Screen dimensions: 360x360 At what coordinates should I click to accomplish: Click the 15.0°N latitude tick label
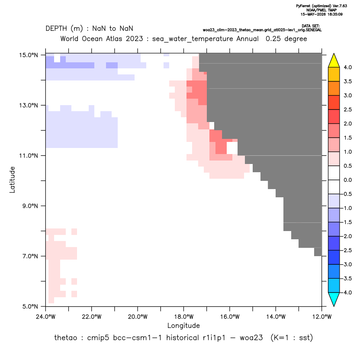[x=29, y=55]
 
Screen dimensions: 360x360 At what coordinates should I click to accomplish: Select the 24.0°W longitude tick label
[x=46, y=317]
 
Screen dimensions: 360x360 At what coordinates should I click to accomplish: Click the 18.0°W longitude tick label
[x=183, y=317]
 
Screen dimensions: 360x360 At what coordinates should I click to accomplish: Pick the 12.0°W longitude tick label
[x=322, y=317]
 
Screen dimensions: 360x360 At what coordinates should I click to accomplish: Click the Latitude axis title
[x=12, y=180]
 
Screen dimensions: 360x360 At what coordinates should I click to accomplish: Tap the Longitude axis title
[x=183, y=325]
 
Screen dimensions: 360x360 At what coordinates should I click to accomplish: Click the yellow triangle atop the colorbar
[x=334, y=61]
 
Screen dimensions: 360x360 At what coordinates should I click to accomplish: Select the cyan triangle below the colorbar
[x=334, y=299]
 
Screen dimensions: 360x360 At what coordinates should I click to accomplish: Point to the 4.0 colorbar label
[x=347, y=67]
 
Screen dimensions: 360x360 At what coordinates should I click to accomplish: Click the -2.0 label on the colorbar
[x=347, y=236]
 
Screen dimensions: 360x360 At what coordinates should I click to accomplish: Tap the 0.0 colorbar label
[x=347, y=180]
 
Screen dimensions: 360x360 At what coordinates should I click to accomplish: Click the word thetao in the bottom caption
[x=65, y=338]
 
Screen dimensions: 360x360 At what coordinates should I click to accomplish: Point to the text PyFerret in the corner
[x=303, y=6]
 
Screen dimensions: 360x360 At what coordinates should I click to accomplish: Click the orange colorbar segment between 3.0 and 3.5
[x=334, y=88]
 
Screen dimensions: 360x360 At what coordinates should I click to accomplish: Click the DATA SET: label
[x=311, y=26]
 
